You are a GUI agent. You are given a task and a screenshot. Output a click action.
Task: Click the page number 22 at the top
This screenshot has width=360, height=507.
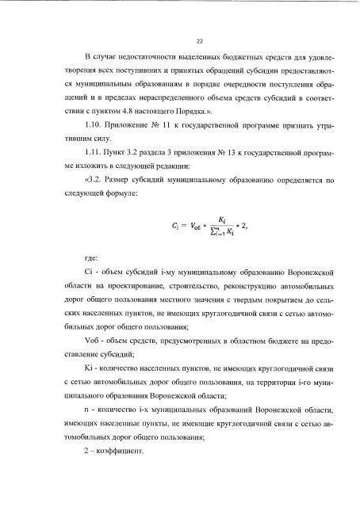[x=178, y=42]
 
